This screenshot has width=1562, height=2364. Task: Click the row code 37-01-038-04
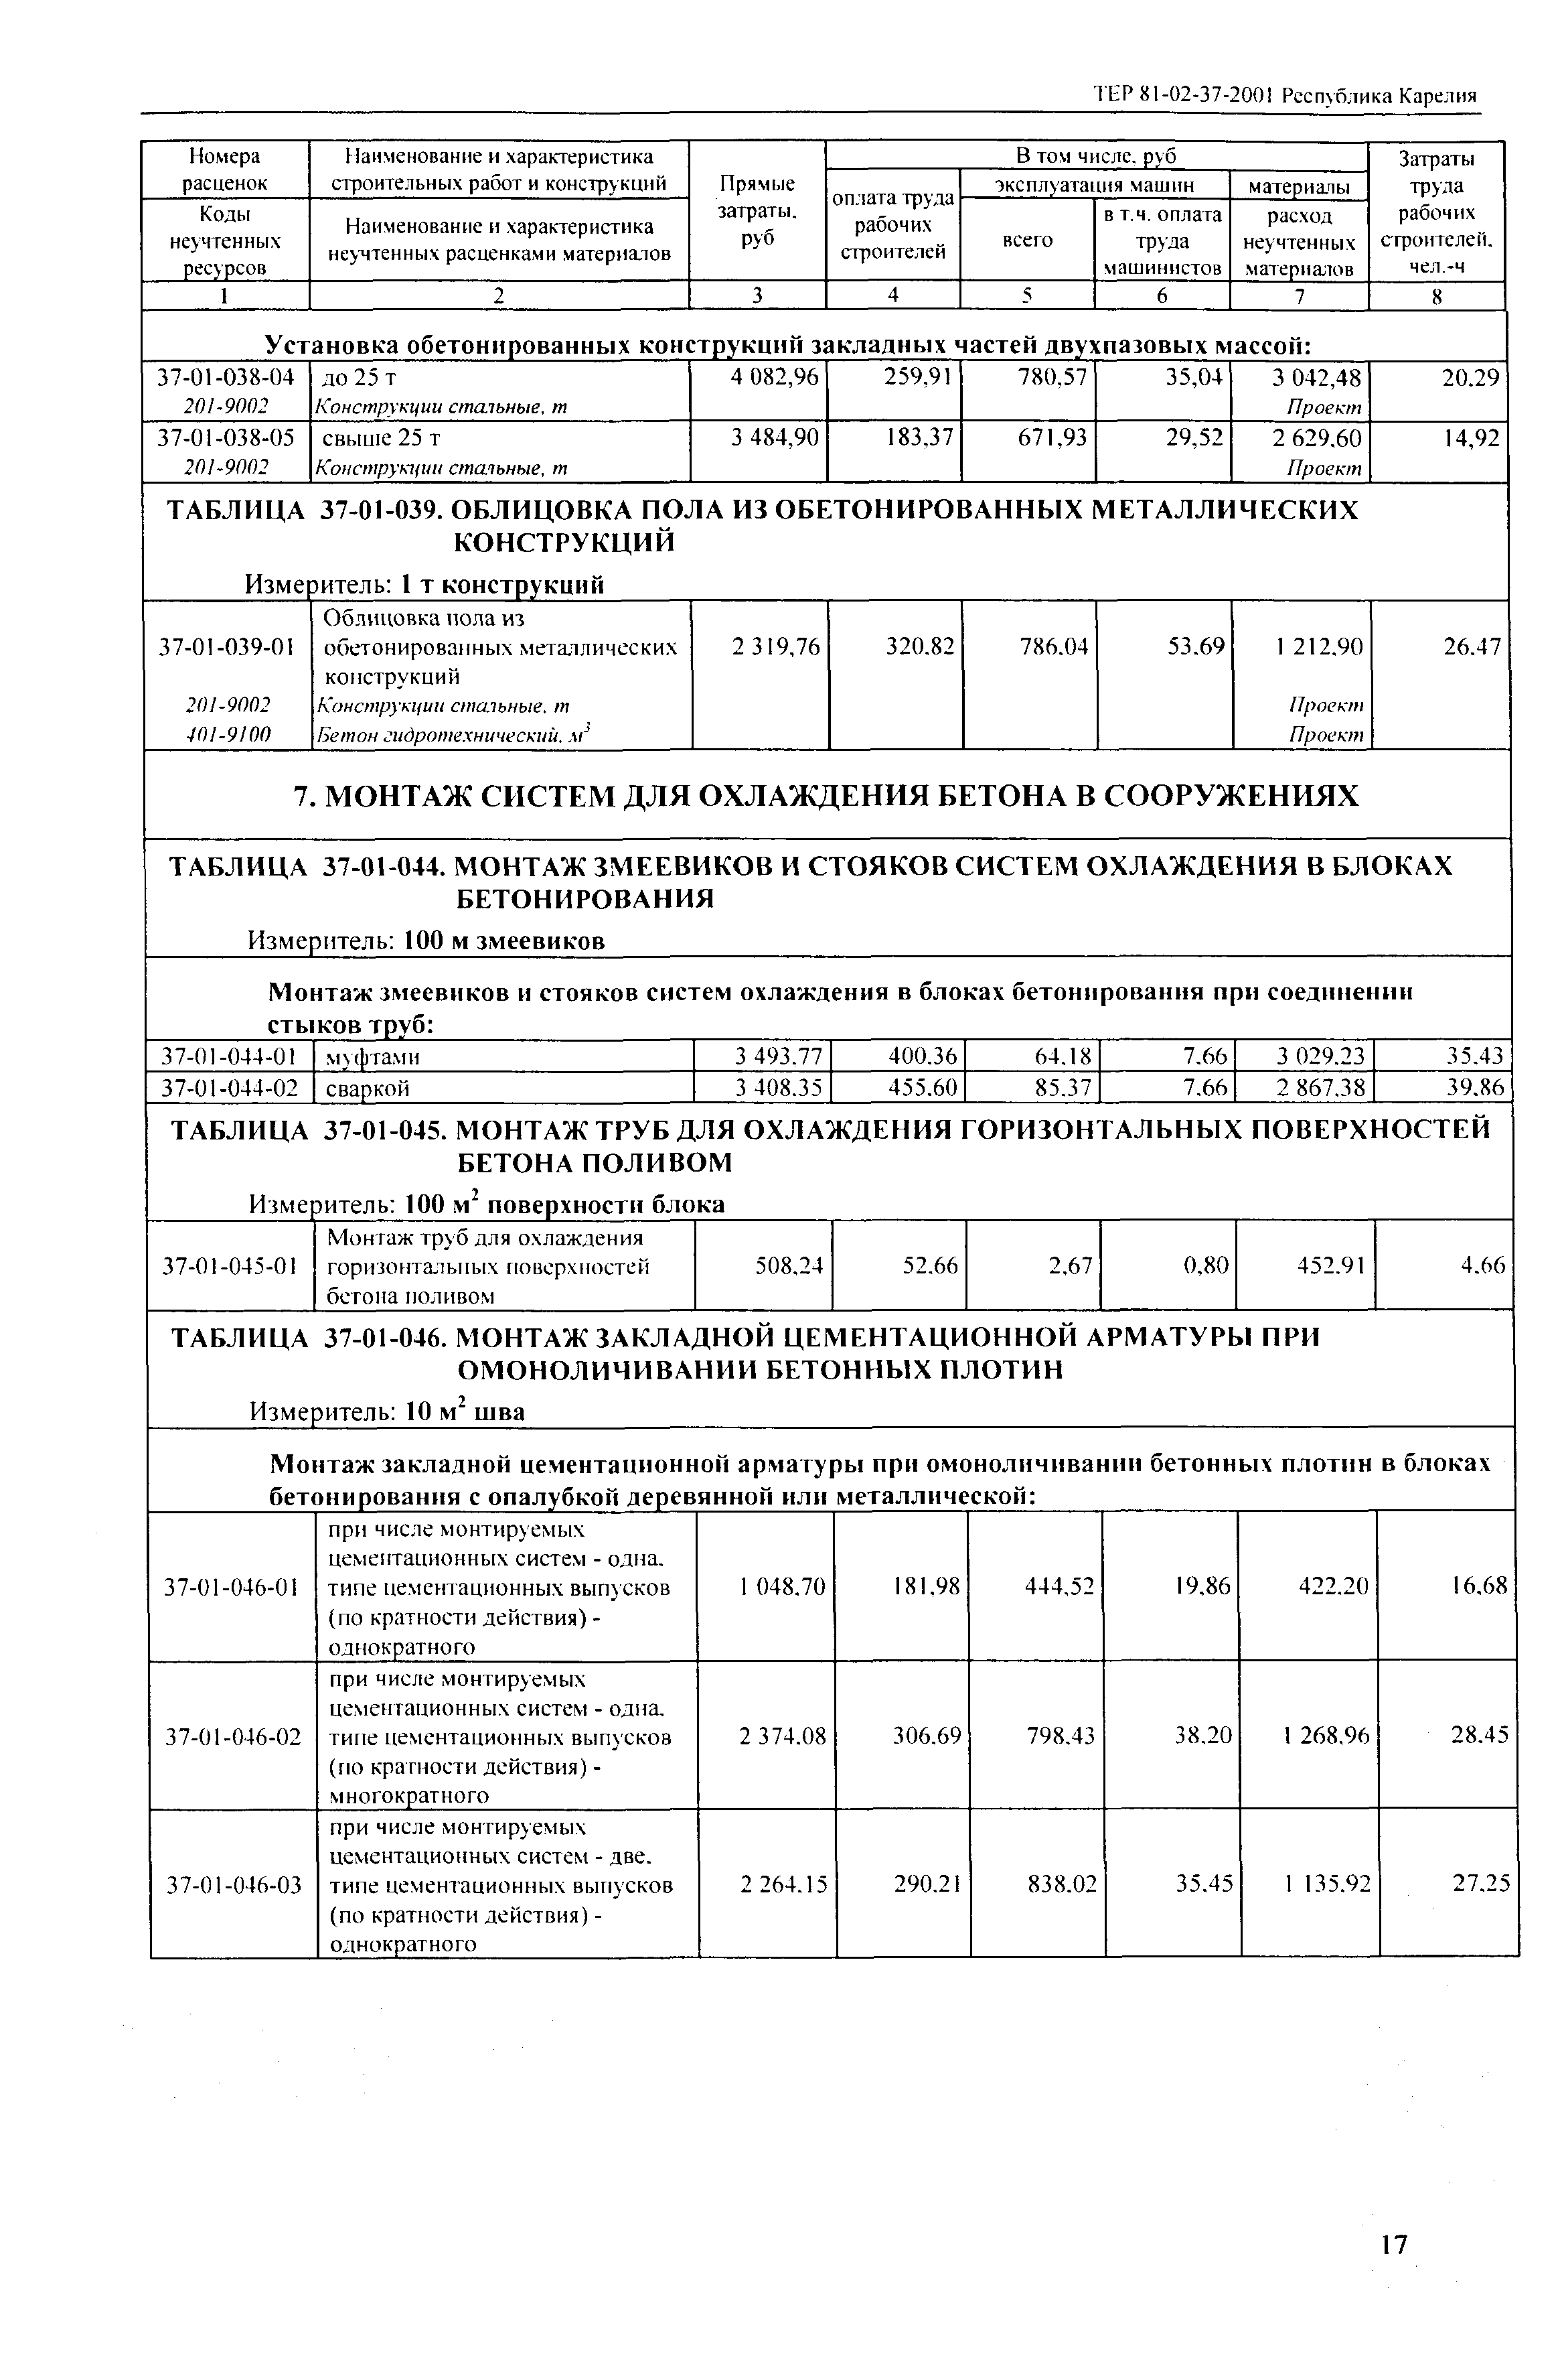click(x=226, y=378)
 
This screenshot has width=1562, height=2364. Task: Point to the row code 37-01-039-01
click(x=226, y=648)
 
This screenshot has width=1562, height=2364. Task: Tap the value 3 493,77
click(x=779, y=1056)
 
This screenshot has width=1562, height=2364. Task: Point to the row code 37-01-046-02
click(x=231, y=1736)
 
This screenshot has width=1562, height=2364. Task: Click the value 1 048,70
click(x=782, y=1587)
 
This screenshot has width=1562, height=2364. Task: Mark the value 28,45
click(x=1480, y=1736)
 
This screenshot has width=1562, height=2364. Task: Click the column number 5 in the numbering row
click(x=1027, y=296)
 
